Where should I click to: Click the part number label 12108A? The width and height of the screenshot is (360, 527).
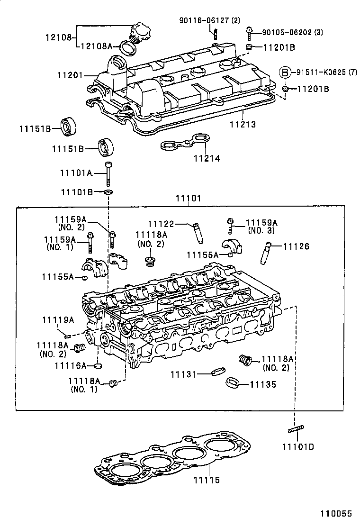click(96, 46)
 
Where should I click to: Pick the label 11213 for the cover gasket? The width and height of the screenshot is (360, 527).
click(243, 125)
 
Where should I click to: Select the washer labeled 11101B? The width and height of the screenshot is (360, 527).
click(108, 192)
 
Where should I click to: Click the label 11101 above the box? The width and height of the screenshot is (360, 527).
click(189, 198)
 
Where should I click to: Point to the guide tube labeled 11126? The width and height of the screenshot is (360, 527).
click(266, 252)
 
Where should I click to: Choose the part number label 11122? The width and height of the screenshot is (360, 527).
click(161, 224)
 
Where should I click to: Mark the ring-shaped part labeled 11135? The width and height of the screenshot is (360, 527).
click(232, 382)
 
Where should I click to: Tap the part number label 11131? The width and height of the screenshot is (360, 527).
click(183, 374)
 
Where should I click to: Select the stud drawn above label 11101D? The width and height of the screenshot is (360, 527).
click(295, 430)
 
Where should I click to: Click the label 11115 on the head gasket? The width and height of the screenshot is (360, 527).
click(207, 480)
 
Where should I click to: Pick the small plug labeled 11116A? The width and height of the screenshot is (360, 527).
click(99, 365)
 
